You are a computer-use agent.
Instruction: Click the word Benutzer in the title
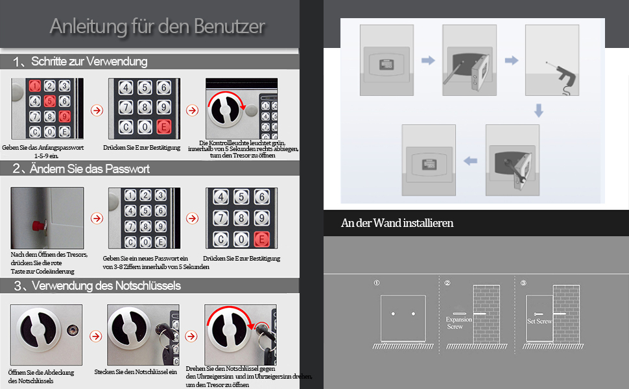tap(230, 27)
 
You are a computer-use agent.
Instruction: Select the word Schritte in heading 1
tap(49, 62)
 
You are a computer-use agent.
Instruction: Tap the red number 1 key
tap(35, 86)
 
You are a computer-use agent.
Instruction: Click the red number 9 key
tap(64, 116)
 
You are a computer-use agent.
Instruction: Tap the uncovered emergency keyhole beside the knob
tap(73, 330)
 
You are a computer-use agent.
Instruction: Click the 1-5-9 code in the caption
tap(42, 156)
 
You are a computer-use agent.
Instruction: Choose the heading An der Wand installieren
tap(397, 223)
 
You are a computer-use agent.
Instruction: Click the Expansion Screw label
tap(458, 323)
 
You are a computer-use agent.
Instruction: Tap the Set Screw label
tap(539, 321)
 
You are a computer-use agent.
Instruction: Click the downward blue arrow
tap(539, 110)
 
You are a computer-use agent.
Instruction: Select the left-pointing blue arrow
tap(470, 161)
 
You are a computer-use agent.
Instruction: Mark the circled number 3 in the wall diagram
tap(523, 283)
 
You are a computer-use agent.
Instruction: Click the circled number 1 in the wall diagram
tap(376, 283)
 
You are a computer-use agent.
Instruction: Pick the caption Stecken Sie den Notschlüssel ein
tap(136, 372)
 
